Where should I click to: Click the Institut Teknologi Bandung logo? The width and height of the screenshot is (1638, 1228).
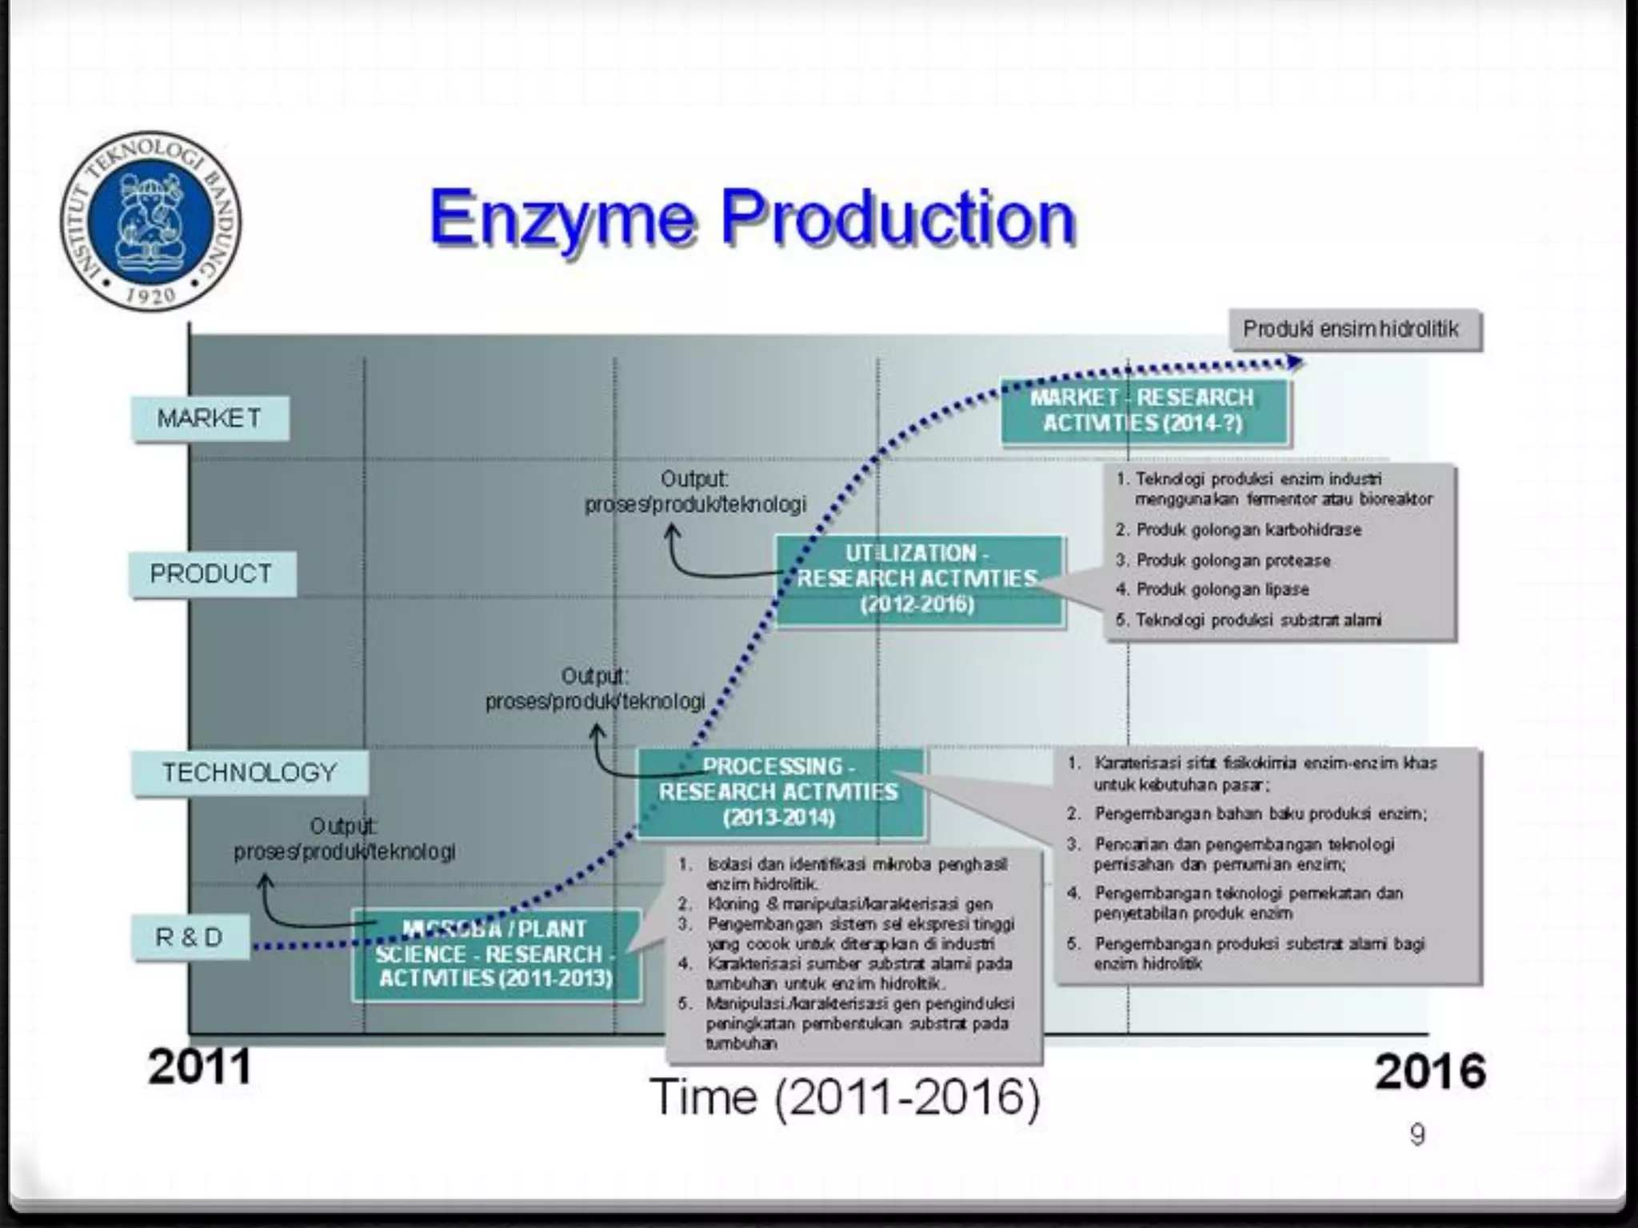tap(150, 221)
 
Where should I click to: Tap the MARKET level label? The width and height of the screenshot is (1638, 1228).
tap(210, 418)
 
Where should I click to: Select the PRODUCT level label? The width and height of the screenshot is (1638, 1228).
tap(212, 574)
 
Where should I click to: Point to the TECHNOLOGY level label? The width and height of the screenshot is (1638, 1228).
tap(250, 773)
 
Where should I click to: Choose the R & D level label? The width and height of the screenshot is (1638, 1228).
tap(190, 937)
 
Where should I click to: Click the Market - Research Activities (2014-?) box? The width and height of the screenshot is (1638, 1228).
tap(1144, 411)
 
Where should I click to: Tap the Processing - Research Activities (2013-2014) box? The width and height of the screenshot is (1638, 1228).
tap(779, 792)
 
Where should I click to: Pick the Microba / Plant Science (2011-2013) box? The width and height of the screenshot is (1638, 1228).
tap(496, 954)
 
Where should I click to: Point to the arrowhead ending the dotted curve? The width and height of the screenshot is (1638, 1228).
tap(1296, 362)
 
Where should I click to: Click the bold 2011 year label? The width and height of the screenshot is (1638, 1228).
tap(200, 1067)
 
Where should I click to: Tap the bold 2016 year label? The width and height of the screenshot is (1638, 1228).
tap(1430, 1071)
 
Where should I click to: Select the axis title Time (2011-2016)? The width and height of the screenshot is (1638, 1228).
tap(845, 1097)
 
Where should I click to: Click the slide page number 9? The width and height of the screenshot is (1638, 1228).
tap(1416, 1135)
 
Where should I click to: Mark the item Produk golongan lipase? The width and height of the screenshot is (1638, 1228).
tap(1222, 590)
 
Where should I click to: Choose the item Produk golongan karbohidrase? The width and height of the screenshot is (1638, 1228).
tap(1248, 530)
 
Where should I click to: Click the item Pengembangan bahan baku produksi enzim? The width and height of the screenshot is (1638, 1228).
tap(1260, 814)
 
